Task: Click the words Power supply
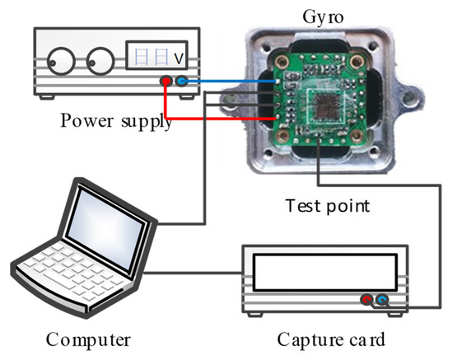(116, 121)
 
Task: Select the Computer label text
(87, 339)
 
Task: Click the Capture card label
(329, 339)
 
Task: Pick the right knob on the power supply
(100, 62)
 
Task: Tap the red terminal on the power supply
(166, 82)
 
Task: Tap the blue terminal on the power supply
(181, 82)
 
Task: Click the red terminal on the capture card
(367, 302)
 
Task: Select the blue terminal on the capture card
(381, 302)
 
